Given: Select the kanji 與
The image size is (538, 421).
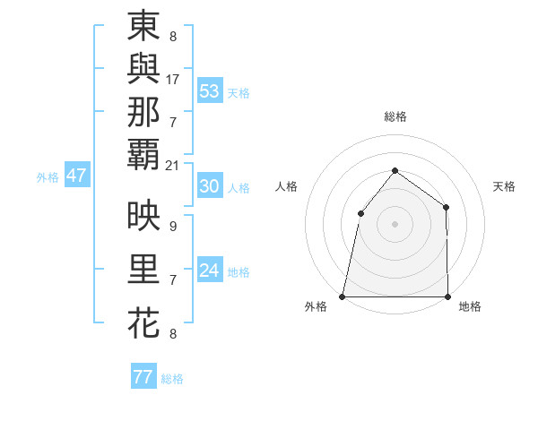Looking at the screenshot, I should [x=143, y=70].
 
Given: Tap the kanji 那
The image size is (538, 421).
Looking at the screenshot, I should [x=143, y=112].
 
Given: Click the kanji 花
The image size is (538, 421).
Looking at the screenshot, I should [x=143, y=323].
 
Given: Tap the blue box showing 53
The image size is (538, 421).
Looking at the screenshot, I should [x=210, y=91].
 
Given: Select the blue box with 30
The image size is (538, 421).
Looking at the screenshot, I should [x=209, y=186].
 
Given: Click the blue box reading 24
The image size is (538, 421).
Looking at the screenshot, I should [x=209, y=271].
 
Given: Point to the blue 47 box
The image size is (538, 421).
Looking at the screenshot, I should [x=76, y=176].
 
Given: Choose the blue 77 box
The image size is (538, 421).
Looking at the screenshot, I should [x=143, y=377].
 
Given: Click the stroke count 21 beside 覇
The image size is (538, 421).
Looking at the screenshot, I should [x=173, y=165].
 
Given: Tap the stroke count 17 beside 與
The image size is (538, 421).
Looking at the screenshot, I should [x=173, y=80].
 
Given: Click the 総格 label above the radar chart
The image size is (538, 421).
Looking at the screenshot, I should [x=395, y=116].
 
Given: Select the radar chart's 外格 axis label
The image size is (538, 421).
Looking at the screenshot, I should [x=316, y=307].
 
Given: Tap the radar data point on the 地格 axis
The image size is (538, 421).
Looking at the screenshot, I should [x=447, y=296].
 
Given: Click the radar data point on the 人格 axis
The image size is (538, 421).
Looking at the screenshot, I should [x=360, y=213].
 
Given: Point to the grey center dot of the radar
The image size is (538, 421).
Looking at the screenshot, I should [x=395, y=224].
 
